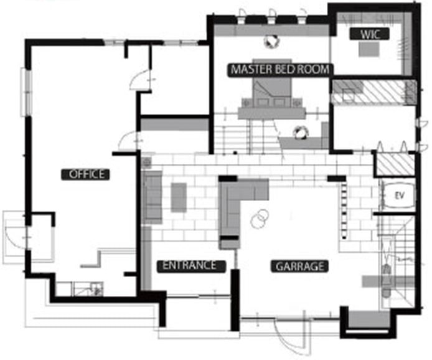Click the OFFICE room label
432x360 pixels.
coord(85,175)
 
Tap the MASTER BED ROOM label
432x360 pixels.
coord(280,70)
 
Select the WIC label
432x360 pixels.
coord(370,34)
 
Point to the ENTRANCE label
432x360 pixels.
coord(191,266)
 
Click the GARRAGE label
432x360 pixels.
coord(299,267)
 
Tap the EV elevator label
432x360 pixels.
coord(399,196)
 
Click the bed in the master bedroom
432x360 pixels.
coord(272,88)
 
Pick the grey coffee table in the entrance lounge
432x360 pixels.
coord(179,197)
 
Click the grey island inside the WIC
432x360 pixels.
coord(369,50)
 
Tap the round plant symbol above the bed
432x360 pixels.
coord(271,41)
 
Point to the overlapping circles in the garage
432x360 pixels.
coord(260,219)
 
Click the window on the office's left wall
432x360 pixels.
coord(26,92)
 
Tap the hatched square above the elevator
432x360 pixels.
coord(395,164)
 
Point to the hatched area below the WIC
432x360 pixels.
coord(374,92)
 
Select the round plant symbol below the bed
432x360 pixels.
coord(300,132)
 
